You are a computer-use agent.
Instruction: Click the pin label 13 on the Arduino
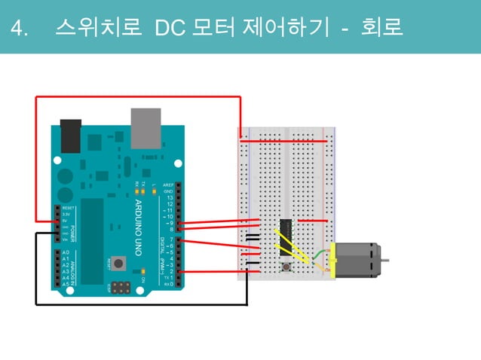coord(170,198)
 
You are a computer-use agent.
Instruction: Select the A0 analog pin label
coord(66,252)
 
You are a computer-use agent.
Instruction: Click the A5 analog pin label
coord(66,283)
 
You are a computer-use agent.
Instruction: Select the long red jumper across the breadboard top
coord(283,141)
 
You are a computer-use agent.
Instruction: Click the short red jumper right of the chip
coord(313,221)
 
